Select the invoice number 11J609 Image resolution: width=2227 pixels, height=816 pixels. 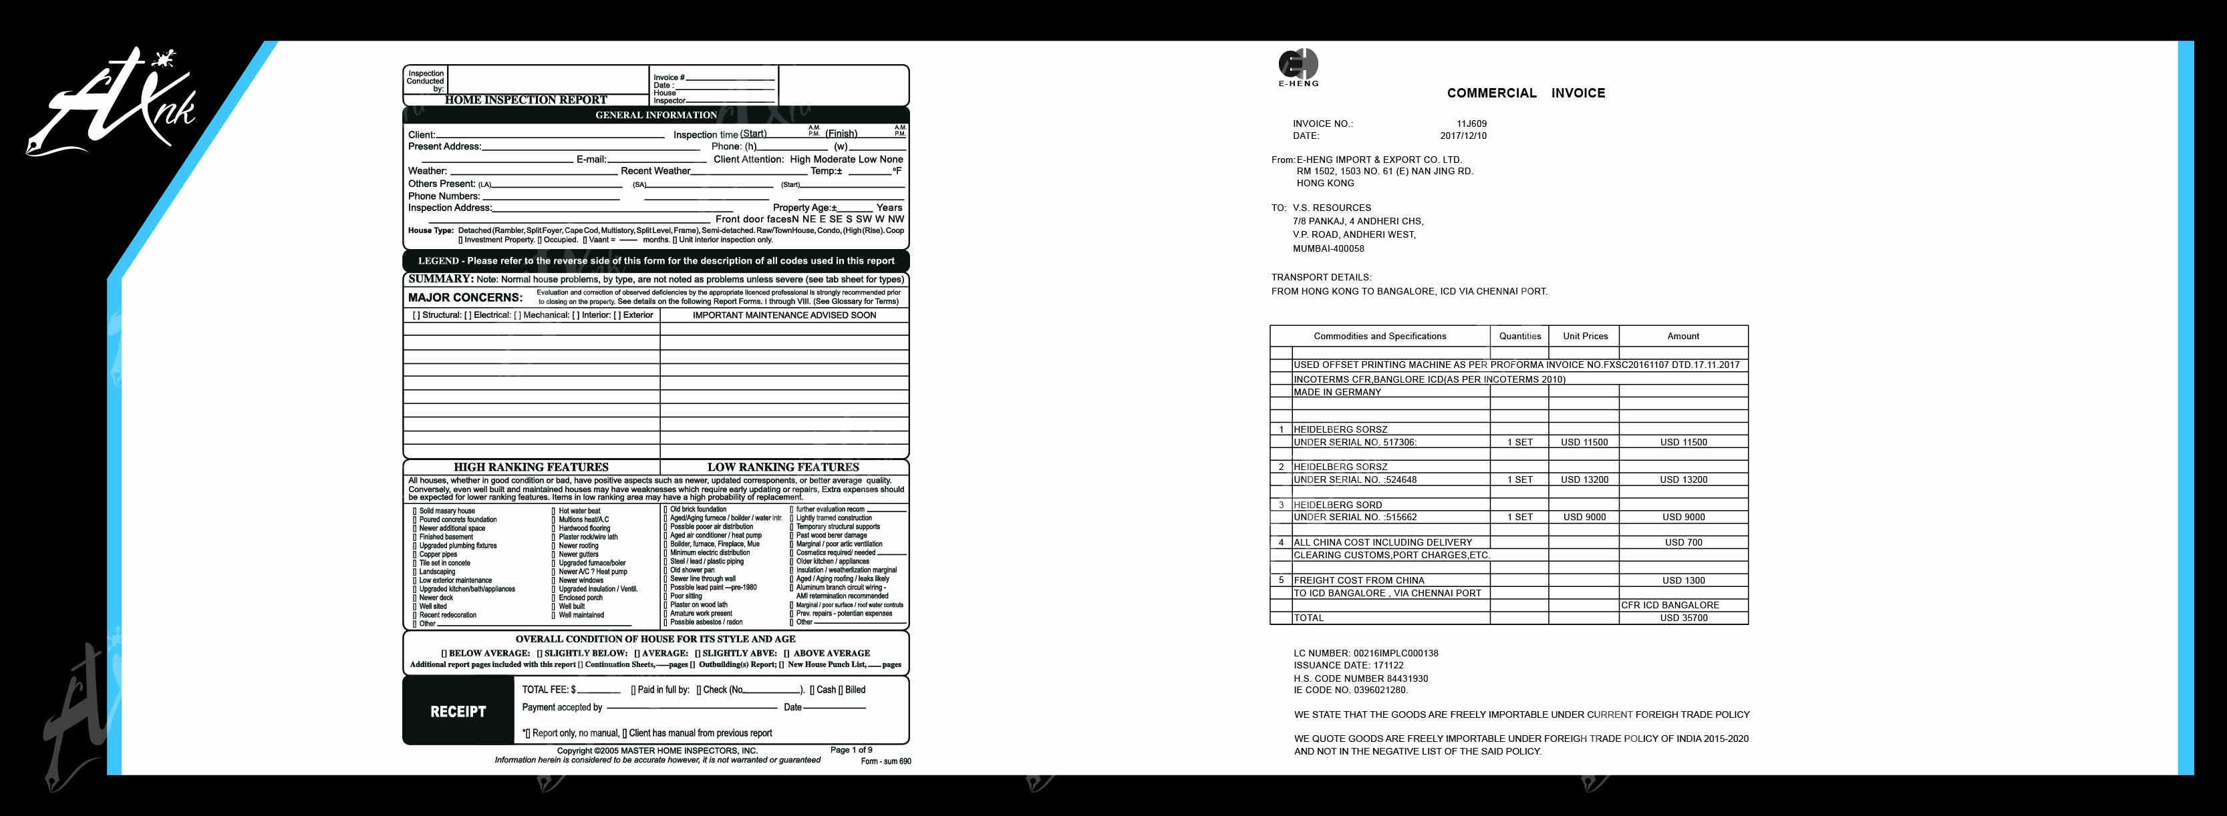[1471, 124]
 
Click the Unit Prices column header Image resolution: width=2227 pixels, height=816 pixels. [1585, 337]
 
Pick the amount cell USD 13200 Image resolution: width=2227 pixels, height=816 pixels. [1682, 479]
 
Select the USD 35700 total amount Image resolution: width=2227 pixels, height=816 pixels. [1682, 618]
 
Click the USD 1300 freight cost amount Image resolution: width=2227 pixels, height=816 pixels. [1682, 581]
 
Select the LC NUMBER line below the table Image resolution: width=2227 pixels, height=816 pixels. [1365, 654]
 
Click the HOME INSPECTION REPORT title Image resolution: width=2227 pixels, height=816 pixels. [526, 100]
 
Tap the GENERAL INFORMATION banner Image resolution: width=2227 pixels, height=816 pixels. [655, 115]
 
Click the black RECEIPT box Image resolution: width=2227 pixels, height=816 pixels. [458, 711]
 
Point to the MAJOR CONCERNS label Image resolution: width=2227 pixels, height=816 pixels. [465, 297]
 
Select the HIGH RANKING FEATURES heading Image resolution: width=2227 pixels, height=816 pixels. [531, 467]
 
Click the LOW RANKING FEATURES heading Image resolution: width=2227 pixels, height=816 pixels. [782, 467]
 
